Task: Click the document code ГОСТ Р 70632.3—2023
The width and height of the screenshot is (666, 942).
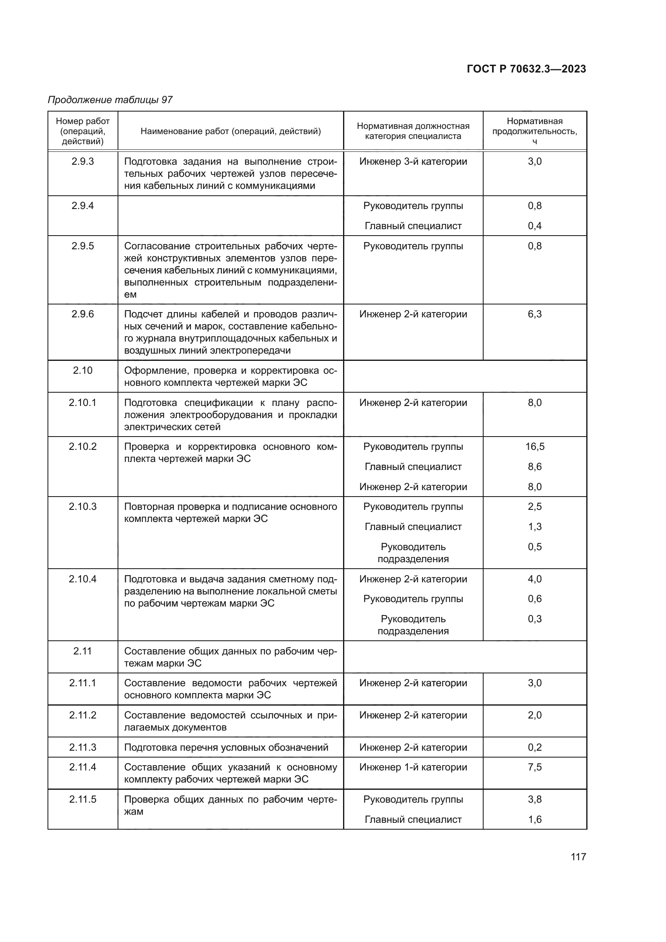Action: [526, 69]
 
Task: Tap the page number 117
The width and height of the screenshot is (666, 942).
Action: [578, 857]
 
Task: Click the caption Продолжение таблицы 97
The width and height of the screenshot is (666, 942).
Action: [110, 100]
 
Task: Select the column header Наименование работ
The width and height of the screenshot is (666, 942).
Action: [230, 131]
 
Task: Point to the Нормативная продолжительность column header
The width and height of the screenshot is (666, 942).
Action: [534, 131]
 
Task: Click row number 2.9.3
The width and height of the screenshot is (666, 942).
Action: [83, 161]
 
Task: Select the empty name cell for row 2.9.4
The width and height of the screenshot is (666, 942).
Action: [230, 216]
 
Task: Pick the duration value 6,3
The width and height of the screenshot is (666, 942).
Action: [534, 314]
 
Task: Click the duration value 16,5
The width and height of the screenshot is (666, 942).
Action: [535, 447]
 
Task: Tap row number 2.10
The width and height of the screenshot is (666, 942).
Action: [83, 371]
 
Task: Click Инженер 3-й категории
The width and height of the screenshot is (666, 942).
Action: [413, 161]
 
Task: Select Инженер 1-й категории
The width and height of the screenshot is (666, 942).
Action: [413, 767]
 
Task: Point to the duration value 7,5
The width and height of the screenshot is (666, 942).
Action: [534, 767]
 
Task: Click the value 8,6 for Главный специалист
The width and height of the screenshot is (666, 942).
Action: [534, 467]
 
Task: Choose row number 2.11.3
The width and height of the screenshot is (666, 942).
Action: [83, 747]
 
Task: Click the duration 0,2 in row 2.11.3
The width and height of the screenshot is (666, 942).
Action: [534, 747]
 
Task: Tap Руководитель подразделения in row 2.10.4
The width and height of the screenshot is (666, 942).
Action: [413, 625]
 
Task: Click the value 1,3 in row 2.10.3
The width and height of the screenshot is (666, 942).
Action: [534, 527]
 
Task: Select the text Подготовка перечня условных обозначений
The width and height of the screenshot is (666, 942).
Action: [226, 747]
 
